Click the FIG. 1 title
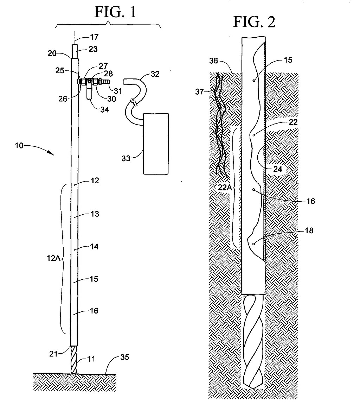[115, 12]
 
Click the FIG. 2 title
[254, 22]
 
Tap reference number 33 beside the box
[126, 158]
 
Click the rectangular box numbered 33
[156, 144]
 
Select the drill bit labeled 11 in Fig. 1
[74, 360]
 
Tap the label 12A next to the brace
[53, 258]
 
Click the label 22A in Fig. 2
[225, 187]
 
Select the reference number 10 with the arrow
[19, 145]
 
